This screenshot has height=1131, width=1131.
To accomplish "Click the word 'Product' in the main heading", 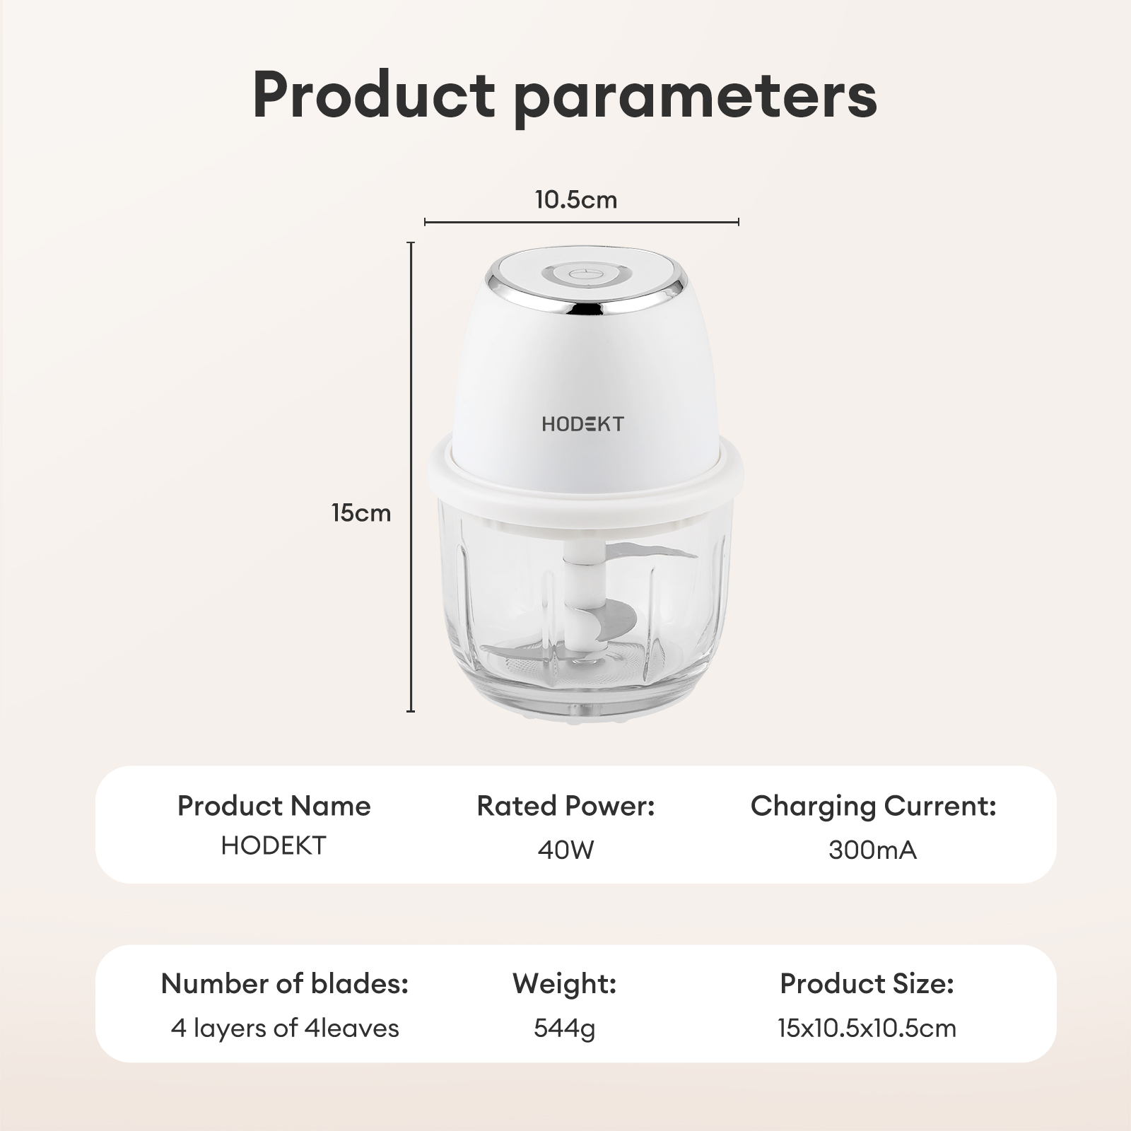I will (x=373, y=95).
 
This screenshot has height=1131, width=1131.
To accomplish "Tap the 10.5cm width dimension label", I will (x=576, y=200).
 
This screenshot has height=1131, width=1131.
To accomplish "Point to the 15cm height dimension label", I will (x=361, y=512).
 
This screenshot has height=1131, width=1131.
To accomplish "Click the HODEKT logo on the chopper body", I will (x=582, y=424).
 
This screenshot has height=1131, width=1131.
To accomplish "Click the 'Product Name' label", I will (x=274, y=806).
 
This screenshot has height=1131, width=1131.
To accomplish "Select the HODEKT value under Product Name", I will (x=274, y=845).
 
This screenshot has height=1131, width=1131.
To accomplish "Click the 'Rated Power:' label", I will (x=565, y=806).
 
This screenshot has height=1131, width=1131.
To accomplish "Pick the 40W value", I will (x=565, y=850).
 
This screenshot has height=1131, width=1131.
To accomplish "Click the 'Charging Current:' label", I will (x=873, y=806).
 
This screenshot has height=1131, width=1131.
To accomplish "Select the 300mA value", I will (x=872, y=850).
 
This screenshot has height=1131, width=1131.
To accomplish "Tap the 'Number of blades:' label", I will (x=284, y=983).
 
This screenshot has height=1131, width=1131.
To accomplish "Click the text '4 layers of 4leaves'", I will (x=284, y=1028).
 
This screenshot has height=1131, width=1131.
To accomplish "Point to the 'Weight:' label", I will (x=564, y=983).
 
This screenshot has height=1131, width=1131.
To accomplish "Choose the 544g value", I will (x=564, y=1028).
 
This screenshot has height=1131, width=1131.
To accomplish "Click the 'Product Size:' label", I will (x=867, y=983).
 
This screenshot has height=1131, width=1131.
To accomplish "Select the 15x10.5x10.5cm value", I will (x=867, y=1028).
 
